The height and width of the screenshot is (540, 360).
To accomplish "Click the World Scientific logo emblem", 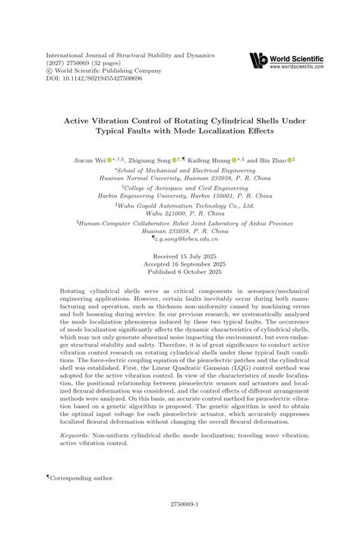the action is pos(259,60).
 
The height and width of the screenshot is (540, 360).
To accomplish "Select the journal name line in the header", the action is pos(131,55).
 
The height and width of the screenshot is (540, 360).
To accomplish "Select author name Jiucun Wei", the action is pos(86,160).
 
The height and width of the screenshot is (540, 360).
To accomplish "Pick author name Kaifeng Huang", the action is pos(207,160).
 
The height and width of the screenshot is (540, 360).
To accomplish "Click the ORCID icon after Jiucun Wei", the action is pos(109,160).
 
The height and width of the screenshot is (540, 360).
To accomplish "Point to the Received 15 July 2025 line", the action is pos(180,257).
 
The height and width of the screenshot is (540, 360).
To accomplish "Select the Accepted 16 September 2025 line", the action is pos(180,265).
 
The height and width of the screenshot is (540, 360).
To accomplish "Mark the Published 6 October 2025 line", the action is pos(180,273).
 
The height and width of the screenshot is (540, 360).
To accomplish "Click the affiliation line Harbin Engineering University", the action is pos(180,194).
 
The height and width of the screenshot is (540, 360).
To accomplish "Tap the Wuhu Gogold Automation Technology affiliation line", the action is pos(180,205).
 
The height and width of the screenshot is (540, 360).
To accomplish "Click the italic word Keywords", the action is pos(75,436).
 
